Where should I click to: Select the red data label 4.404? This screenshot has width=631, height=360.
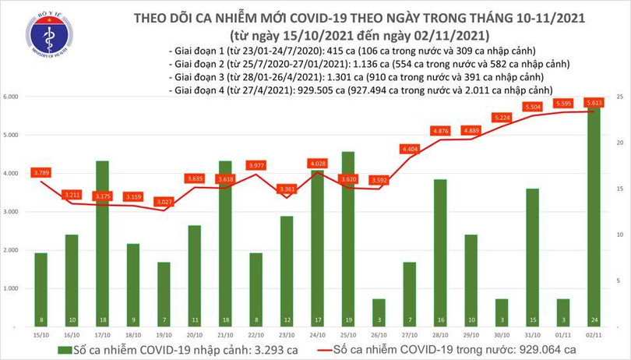[410, 148]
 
